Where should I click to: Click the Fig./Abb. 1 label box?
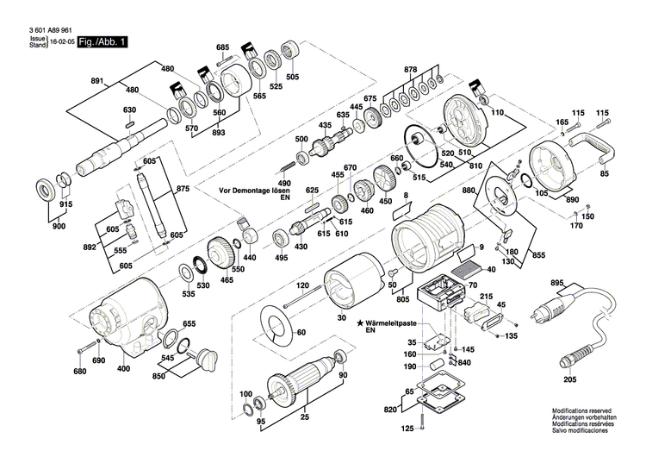coord(102,41)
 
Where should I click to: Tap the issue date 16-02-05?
coord(61,41)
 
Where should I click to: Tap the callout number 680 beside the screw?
coord(80,372)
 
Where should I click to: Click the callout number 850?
coord(158,376)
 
